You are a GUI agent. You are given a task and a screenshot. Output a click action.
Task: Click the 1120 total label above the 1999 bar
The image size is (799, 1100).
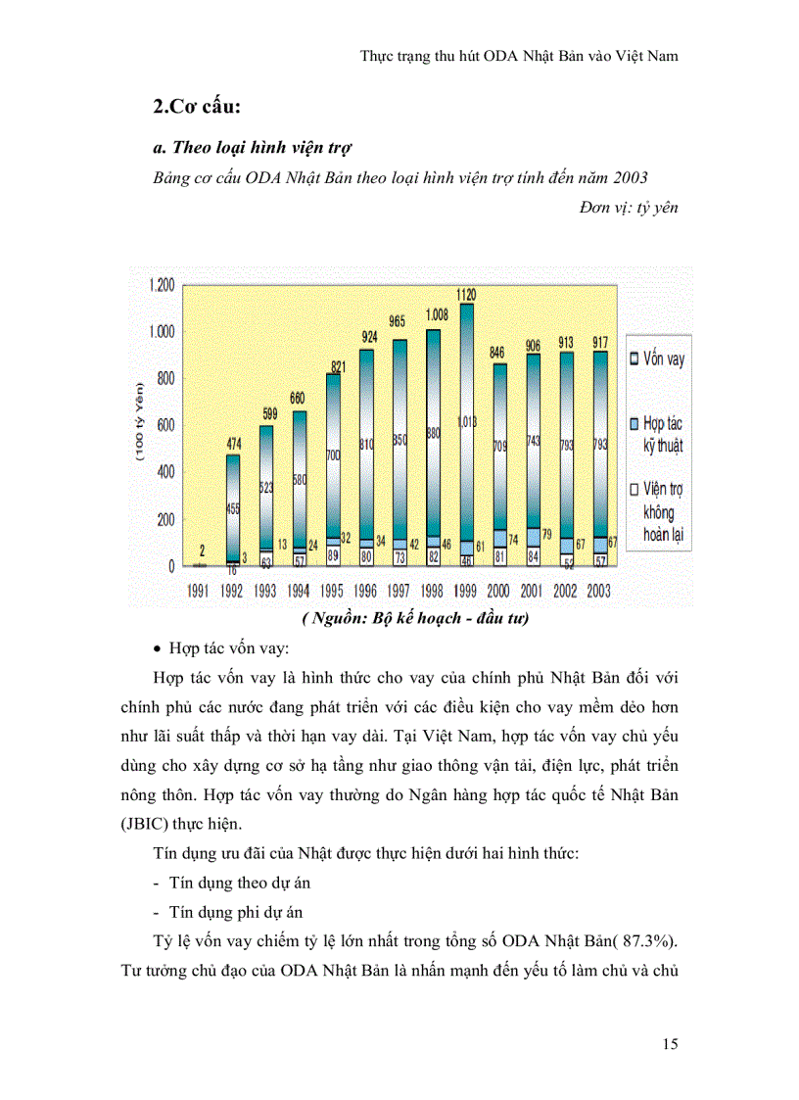[x=466, y=293]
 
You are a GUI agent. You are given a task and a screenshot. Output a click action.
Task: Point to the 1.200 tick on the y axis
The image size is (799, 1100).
[x=161, y=285]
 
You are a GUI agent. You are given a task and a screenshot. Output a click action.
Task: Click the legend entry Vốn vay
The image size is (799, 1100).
[x=657, y=359]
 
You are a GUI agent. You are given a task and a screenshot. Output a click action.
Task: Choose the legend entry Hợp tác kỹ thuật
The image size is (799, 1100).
[x=657, y=434]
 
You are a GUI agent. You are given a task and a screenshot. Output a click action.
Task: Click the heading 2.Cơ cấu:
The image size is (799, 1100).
[x=197, y=107]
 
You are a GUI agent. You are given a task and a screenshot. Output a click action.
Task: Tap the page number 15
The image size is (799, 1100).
[x=670, y=1044]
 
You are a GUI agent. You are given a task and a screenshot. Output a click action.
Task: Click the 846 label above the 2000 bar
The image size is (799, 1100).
[x=498, y=353]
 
